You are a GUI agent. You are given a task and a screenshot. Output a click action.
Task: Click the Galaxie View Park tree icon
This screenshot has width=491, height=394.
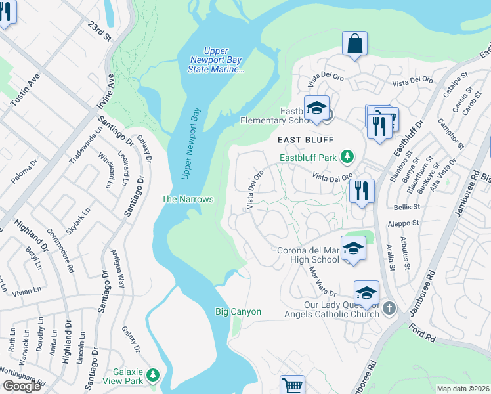coord(153,375)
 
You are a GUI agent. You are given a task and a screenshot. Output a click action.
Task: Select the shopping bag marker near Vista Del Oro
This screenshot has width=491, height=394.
coord(354,44)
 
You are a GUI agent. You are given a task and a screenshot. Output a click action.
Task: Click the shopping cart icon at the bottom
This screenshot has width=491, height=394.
coord(292,385)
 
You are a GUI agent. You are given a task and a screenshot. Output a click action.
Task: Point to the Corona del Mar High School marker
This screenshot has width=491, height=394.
coord(352,249)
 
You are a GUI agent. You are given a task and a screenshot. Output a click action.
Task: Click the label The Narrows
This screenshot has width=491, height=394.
coord(188,199)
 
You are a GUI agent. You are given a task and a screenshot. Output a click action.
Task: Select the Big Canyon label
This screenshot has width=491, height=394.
coord(238,312)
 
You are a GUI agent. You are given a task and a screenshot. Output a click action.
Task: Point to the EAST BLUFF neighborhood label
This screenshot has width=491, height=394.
coord(305,140)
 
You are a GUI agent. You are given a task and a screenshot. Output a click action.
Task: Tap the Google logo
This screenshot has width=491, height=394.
coord(22,386)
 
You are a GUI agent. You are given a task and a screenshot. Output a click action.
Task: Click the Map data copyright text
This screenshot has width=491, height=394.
coord(463,389)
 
